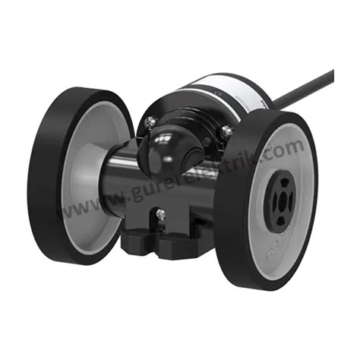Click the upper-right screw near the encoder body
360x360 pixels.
point(226,131)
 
